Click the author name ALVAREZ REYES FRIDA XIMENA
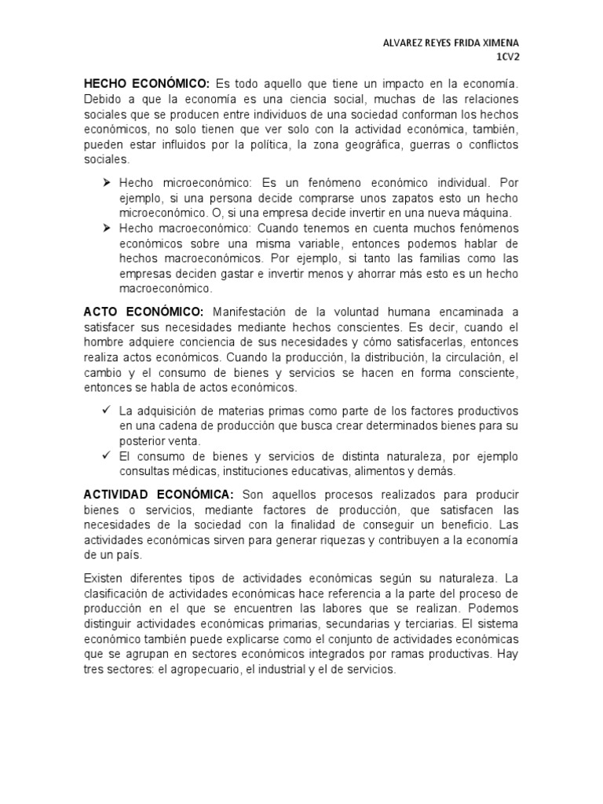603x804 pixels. [445, 43]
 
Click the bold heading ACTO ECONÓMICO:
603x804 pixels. [144, 312]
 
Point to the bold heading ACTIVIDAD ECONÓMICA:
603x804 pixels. [159, 494]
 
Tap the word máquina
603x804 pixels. [488, 213]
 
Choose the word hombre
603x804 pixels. [104, 342]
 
